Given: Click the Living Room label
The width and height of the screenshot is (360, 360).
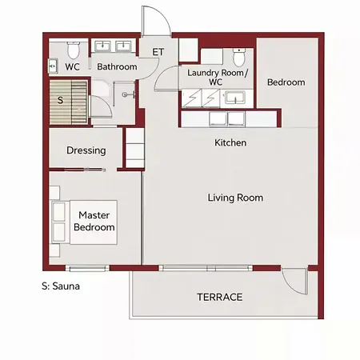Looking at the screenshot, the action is click(x=235, y=198).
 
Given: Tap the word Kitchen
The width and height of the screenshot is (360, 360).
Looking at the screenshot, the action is click(x=230, y=142).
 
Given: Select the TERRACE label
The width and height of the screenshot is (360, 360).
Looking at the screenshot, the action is click(x=220, y=297).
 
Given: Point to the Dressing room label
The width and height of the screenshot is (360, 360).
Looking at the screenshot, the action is click(x=86, y=150).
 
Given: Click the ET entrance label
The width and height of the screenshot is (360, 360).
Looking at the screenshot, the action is click(x=158, y=52).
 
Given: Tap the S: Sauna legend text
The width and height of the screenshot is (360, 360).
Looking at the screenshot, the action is click(x=61, y=286).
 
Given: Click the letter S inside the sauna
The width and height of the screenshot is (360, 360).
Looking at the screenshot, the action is click(x=61, y=100).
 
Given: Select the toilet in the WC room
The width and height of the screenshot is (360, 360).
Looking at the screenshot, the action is click(x=74, y=50).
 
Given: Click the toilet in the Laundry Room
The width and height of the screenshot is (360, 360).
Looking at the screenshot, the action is click(x=239, y=58).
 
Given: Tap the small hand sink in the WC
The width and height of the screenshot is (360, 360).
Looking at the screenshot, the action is click(x=53, y=66).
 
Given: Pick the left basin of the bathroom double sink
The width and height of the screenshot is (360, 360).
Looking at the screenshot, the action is click(x=102, y=46).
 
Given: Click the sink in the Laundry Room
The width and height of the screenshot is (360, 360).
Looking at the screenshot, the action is click(x=235, y=98).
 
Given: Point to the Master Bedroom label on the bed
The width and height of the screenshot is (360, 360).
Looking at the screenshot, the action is click(x=94, y=221).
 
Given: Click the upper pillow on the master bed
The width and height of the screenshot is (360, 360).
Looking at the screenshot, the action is click(x=59, y=211).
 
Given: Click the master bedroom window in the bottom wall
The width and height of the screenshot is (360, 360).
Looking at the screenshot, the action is click(x=87, y=268).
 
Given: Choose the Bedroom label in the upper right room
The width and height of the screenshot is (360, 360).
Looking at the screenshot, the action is click(x=286, y=82).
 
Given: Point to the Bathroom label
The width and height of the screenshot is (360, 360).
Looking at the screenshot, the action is click(x=117, y=66).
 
